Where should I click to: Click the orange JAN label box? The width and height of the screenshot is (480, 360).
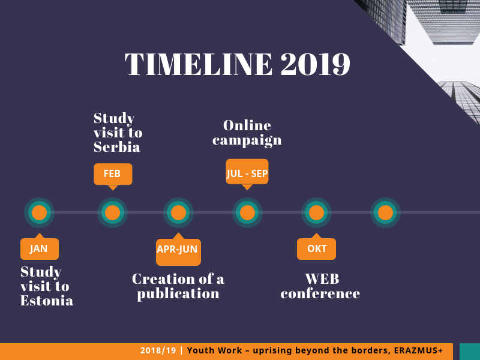click(40, 248)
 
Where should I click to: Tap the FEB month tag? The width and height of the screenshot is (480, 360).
click(113, 174)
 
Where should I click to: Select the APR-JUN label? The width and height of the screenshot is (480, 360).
click(178, 249)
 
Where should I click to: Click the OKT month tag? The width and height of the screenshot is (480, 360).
click(316, 248)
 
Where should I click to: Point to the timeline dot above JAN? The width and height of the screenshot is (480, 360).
click(40, 212)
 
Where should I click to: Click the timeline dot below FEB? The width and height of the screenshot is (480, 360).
click(112, 212)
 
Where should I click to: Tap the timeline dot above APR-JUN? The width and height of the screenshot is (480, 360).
click(178, 212)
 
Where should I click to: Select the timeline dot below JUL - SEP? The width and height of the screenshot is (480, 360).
click(247, 212)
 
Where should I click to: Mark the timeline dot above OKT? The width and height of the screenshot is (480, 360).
click(317, 212)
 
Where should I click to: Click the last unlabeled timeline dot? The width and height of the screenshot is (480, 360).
click(385, 212)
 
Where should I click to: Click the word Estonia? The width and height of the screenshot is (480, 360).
click(47, 301)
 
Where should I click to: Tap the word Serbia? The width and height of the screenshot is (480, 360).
click(117, 147)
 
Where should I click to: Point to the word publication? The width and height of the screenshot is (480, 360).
click(178, 294)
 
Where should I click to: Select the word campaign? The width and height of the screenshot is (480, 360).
click(247, 140)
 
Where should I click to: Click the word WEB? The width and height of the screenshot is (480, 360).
click(322, 279)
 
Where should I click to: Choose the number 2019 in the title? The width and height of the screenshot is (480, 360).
click(316, 64)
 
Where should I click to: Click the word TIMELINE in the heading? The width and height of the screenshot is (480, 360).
click(199, 64)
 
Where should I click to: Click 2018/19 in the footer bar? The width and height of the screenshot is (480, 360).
click(158, 350)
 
